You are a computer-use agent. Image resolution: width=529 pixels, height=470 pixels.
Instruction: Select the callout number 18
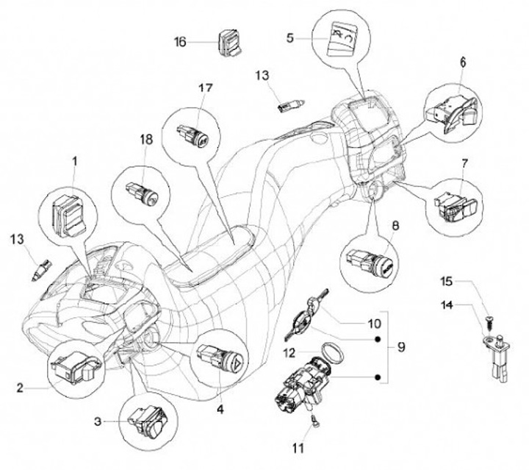pos(145,139)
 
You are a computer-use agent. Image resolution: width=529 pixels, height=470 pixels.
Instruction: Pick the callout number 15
pos(447,280)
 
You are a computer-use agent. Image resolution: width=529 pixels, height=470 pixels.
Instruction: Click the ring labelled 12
pos(333,352)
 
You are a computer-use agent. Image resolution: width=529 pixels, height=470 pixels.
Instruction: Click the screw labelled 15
pos(486,321)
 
